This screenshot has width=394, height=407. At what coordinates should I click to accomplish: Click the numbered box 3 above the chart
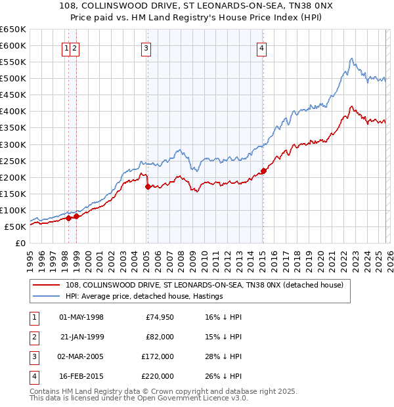[x=145, y=48]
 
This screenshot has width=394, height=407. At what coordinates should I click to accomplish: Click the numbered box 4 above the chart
[x=261, y=48]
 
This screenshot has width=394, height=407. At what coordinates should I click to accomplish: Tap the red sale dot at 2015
[x=263, y=171]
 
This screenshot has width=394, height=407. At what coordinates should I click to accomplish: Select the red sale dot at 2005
[x=148, y=186]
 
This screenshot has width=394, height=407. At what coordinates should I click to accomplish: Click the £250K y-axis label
[x=13, y=161]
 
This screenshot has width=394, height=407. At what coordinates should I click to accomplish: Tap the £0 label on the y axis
[x=20, y=243]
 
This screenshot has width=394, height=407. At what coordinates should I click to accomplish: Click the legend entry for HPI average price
[x=144, y=297]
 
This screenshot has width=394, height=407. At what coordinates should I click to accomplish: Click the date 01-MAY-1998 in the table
[x=81, y=317]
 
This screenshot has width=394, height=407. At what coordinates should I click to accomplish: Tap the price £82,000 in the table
[x=160, y=337]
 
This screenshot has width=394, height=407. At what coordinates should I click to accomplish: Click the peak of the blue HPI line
[x=351, y=58]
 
